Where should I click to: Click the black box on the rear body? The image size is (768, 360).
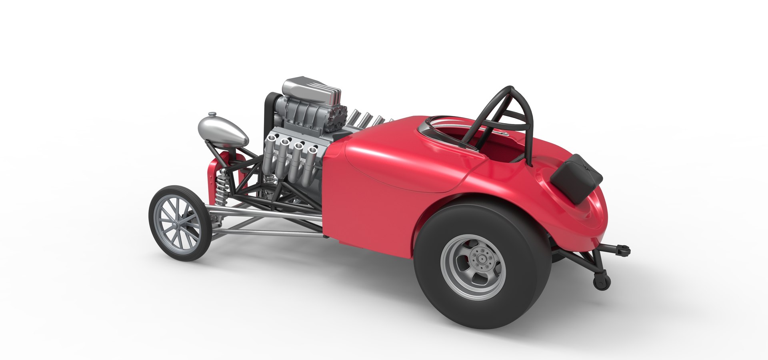[x=576, y=178]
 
